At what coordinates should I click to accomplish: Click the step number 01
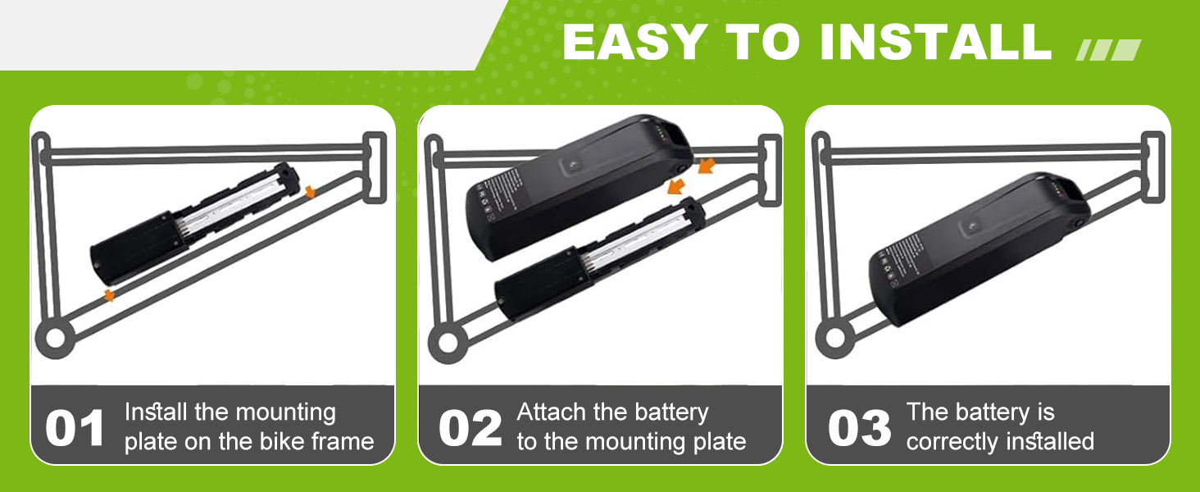75,428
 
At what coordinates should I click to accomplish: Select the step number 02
470,428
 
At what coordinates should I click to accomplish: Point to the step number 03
859,428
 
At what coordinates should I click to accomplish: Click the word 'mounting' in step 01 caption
286,413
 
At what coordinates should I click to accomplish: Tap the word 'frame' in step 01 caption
343,442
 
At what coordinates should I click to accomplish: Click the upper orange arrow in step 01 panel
310,192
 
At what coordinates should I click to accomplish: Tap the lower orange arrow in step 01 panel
109,294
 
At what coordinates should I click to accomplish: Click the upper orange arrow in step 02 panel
707,166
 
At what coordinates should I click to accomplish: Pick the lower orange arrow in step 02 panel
676,186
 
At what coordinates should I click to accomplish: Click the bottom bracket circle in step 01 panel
55,338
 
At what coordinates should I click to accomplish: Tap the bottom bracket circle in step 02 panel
448,343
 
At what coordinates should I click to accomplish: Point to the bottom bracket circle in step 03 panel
834,338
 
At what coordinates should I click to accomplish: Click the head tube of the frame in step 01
375,167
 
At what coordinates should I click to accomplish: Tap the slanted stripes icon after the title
1108,50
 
